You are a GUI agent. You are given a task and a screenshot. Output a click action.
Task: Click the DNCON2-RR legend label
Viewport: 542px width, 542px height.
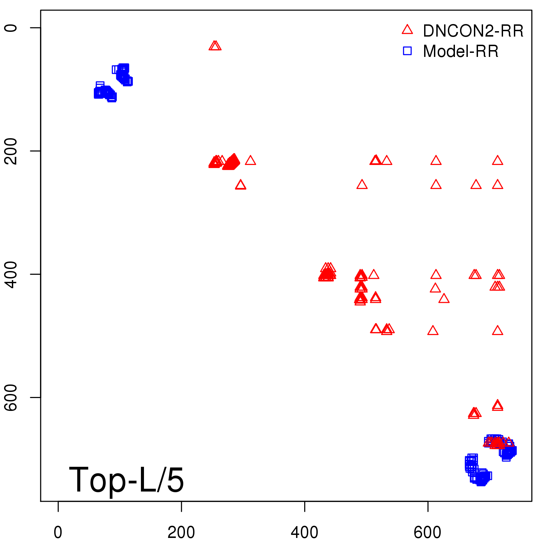coord(473,31)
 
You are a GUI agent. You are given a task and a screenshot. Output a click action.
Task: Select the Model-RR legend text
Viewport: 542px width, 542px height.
coord(460,51)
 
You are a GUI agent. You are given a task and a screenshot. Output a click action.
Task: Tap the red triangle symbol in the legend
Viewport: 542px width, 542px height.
coord(407,30)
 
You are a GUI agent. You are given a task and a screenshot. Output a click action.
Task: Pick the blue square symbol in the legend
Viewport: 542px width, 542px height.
coord(407,51)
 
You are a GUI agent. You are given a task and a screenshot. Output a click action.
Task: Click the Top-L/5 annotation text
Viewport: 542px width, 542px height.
coord(126,480)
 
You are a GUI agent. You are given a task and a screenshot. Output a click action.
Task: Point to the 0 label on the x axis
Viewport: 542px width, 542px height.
coord(58,533)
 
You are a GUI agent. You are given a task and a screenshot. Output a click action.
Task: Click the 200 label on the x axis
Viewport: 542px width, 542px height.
coord(181,533)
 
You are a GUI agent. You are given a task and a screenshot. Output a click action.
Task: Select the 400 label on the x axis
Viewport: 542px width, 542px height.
coord(305,533)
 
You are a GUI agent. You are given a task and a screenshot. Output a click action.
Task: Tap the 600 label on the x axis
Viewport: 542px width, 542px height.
coord(428,533)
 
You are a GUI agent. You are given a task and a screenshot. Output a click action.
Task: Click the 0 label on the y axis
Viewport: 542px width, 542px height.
coord(11,27)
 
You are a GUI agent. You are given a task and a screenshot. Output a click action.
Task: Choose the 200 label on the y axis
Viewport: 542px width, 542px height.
coord(11,151)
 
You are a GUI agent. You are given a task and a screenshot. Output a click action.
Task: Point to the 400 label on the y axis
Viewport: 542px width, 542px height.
coord(11,274)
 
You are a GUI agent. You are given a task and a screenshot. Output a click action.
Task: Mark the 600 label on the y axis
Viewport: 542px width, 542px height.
coord(11,397)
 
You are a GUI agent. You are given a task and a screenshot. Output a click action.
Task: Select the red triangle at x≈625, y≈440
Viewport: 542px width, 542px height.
coord(444,299)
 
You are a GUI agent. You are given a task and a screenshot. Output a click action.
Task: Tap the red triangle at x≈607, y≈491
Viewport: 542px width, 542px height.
coord(433,331)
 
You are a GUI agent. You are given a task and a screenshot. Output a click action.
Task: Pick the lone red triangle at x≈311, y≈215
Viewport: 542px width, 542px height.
coord(250,161)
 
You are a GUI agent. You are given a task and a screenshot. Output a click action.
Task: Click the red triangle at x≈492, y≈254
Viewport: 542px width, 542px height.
coord(362,185)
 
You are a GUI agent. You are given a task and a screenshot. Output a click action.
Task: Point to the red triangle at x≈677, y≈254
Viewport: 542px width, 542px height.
coord(476,185)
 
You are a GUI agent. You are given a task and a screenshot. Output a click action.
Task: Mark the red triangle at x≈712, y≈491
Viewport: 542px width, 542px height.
coord(497,331)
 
